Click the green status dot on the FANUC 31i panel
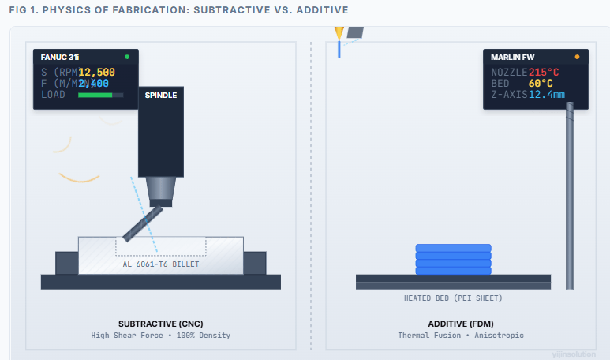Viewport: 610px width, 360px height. pyautogui.click(x=127, y=58)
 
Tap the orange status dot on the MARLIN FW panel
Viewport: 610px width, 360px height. pyautogui.click(x=577, y=58)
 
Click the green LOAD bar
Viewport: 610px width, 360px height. pyautogui.click(x=95, y=95)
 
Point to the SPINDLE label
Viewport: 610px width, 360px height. pyautogui.click(x=161, y=96)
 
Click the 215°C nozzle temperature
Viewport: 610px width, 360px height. pyautogui.click(x=544, y=72)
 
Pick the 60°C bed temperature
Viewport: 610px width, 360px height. pyautogui.click(x=541, y=83)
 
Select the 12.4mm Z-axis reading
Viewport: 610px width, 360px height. pyautogui.click(x=546, y=95)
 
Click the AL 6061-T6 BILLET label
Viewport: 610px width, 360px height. pyautogui.click(x=161, y=264)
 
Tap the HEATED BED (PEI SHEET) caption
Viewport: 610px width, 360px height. pyautogui.click(x=453, y=298)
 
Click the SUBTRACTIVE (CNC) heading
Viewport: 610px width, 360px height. pyautogui.click(x=161, y=324)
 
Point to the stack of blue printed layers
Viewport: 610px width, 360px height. pyautogui.click(x=453, y=260)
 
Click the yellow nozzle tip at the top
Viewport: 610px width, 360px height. pyautogui.click(x=339, y=34)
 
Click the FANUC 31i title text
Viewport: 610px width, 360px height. pyautogui.click(x=60, y=58)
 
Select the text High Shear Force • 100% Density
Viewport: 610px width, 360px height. pyautogui.click(x=161, y=336)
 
